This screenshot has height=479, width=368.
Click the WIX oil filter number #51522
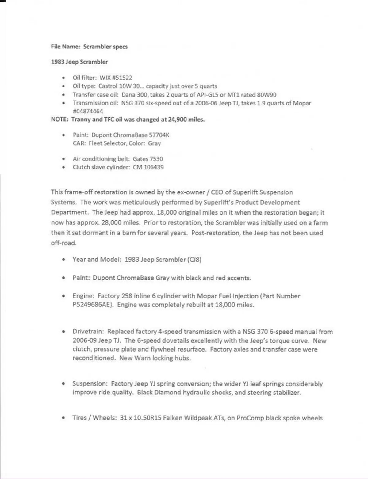coord(121,78)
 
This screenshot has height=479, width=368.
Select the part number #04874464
coord(88,111)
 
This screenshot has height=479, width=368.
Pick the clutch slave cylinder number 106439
coord(153,167)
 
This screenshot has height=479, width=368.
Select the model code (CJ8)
coord(194,260)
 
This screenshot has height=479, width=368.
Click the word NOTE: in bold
coord(60,120)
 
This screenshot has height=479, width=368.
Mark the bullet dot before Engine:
coord(63,296)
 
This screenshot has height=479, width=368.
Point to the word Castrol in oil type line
coord(108,86)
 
